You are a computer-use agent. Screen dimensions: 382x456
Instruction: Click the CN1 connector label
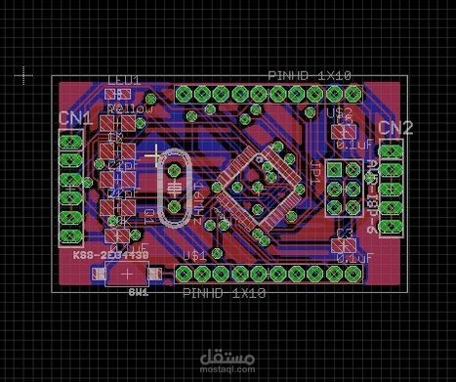(74, 118)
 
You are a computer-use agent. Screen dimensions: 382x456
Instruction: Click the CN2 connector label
(394, 128)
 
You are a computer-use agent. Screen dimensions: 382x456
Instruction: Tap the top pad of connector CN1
(70, 142)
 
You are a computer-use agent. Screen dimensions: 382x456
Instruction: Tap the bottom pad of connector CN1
(70, 235)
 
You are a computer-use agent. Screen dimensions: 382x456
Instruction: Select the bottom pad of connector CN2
(391, 226)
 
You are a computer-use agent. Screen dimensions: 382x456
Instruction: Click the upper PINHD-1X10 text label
(310, 76)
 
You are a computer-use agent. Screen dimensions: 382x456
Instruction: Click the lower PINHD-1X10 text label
(225, 292)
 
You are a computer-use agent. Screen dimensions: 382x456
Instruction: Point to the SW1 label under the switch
(138, 291)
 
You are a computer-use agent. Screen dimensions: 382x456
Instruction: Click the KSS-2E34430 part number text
(109, 254)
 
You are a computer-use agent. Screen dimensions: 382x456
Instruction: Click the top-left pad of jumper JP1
(334, 170)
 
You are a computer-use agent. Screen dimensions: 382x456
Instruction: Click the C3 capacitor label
(343, 233)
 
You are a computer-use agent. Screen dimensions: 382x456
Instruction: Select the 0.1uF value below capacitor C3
(353, 257)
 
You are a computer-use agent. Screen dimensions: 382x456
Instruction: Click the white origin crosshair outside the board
(24, 74)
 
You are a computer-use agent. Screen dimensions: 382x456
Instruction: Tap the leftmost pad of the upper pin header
(183, 95)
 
